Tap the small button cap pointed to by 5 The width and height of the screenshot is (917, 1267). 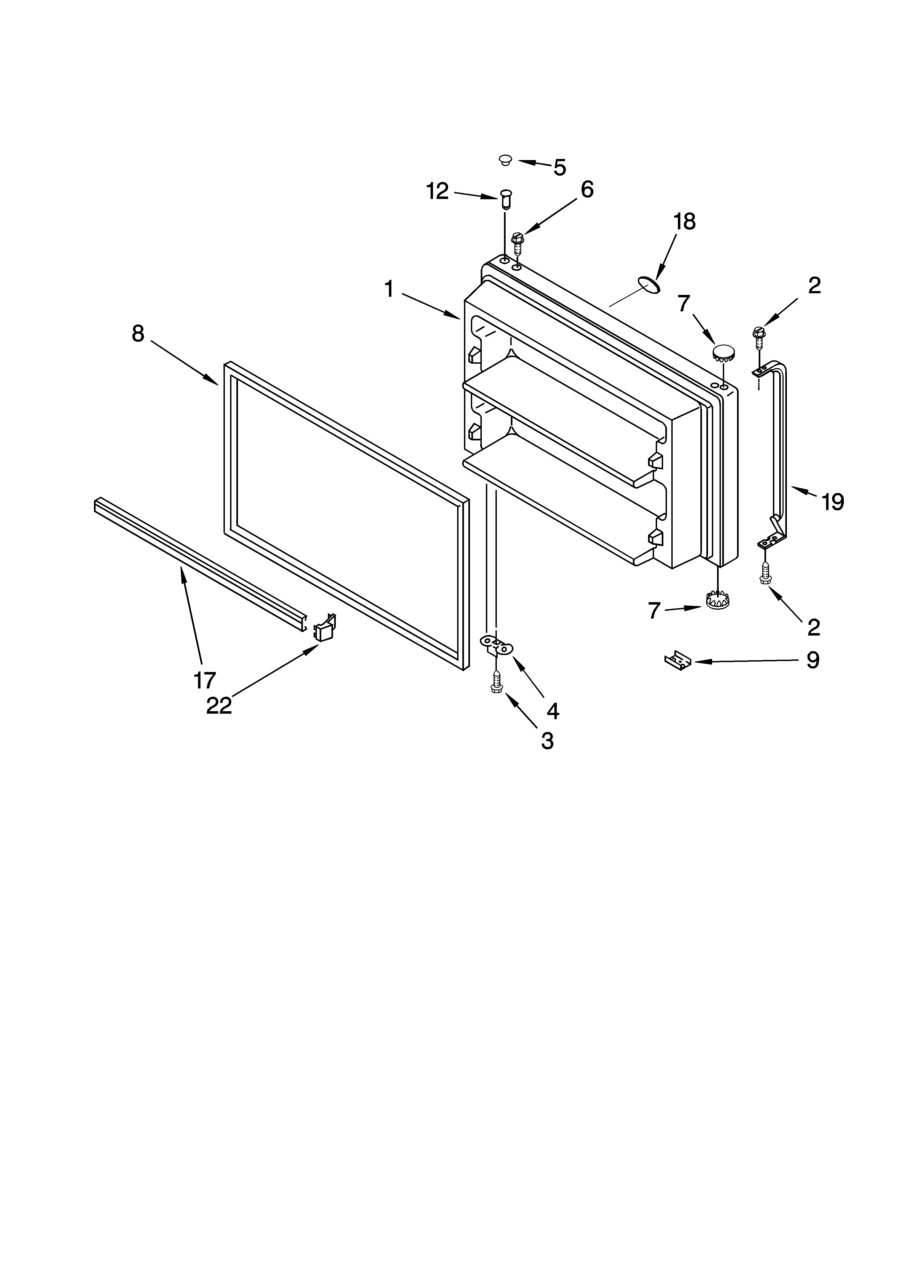505,160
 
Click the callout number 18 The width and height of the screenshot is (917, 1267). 684,222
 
